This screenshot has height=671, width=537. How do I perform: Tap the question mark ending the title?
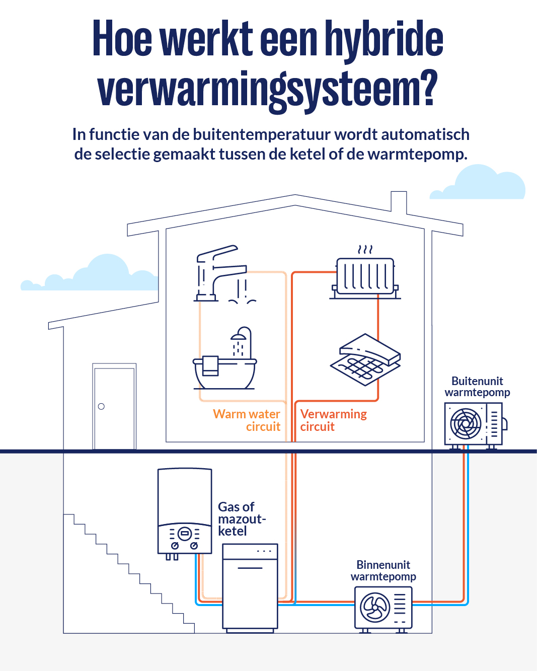click(x=429, y=89)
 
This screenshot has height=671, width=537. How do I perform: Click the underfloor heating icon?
click(x=365, y=360)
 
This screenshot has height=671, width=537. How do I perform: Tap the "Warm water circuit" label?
click(x=247, y=420)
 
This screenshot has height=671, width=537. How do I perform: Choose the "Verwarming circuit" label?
click(x=333, y=420)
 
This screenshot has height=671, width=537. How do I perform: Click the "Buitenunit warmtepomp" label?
click(x=477, y=387)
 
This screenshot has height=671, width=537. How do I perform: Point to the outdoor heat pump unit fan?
click(x=466, y=423)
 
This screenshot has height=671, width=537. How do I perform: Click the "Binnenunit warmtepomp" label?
click(x=383, y=571)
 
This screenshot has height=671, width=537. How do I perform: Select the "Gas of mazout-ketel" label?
click(x=241, y=519)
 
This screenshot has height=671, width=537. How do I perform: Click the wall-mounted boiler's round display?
click(x=185, y=533)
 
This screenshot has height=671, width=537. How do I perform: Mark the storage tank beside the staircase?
click(x=250, y=586)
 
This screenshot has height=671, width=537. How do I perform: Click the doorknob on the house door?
click(x=101, y=406)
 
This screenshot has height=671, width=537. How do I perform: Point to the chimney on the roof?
click(x=399, y=202)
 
